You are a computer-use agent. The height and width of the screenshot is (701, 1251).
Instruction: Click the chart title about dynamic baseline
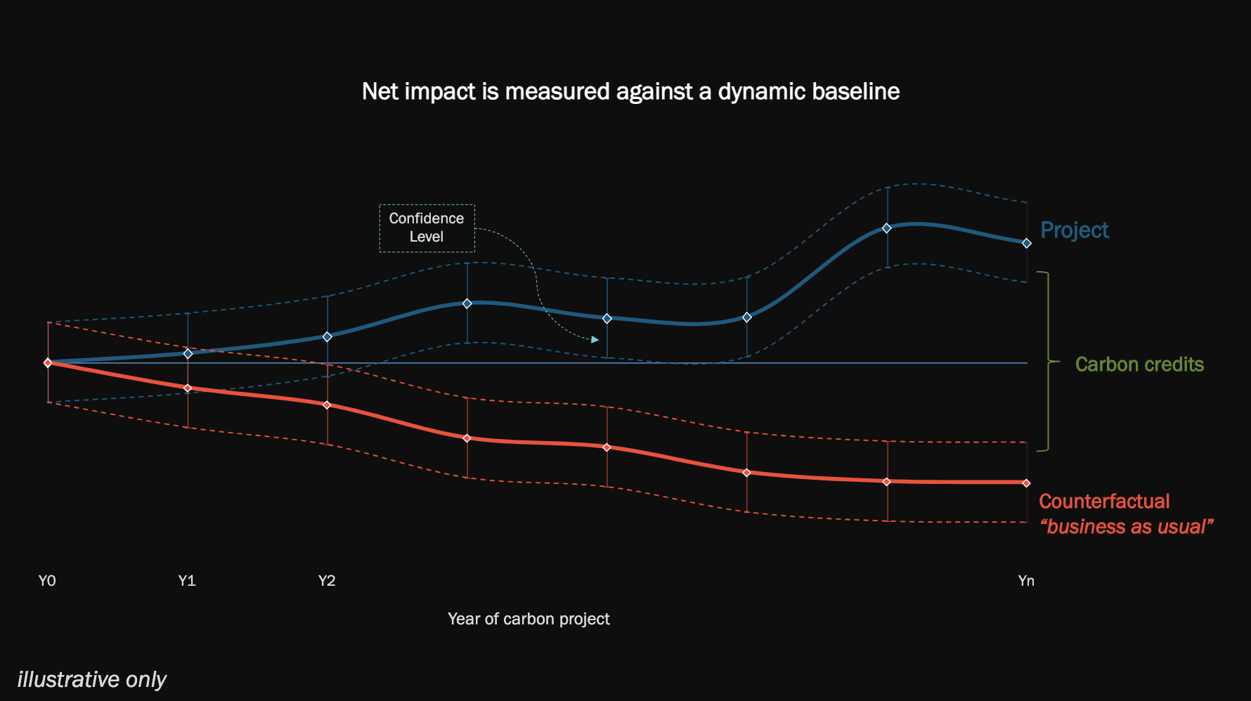(630, 91)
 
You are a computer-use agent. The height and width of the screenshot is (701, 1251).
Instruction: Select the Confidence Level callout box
(427, 228)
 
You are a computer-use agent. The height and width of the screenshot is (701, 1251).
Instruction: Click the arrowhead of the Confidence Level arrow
(595, 340)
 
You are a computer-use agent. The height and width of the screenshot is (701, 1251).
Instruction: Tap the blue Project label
(1074, 230)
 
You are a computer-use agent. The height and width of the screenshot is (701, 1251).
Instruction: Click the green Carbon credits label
(1139, 365)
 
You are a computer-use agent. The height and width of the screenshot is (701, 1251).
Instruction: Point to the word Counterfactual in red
(1103, 502)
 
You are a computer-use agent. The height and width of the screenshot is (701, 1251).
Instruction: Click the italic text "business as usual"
(1126, 527)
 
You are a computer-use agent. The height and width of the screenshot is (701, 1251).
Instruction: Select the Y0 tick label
(47, 581)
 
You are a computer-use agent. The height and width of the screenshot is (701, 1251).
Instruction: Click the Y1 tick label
(187, 581)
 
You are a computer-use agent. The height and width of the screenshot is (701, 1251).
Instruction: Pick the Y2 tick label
(327, 581)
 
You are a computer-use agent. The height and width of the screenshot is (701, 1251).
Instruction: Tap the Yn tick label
(1026, 581)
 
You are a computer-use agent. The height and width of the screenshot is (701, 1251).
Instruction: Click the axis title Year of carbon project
(529, 619)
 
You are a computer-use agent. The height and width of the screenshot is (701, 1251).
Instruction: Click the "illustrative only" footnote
(91, 680)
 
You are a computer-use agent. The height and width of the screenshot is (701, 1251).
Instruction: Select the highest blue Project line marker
(887, 228)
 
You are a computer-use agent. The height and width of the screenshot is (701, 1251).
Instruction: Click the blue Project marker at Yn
(1027, 243)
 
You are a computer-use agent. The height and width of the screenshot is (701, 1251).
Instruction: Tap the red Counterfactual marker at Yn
(1027, 483)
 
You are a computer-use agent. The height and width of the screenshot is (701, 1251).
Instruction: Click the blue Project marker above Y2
(328, 337)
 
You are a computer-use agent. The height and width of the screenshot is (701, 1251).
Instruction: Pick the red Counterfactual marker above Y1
(188, 388)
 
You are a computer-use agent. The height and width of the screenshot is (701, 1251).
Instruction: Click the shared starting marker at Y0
(48, 363)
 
